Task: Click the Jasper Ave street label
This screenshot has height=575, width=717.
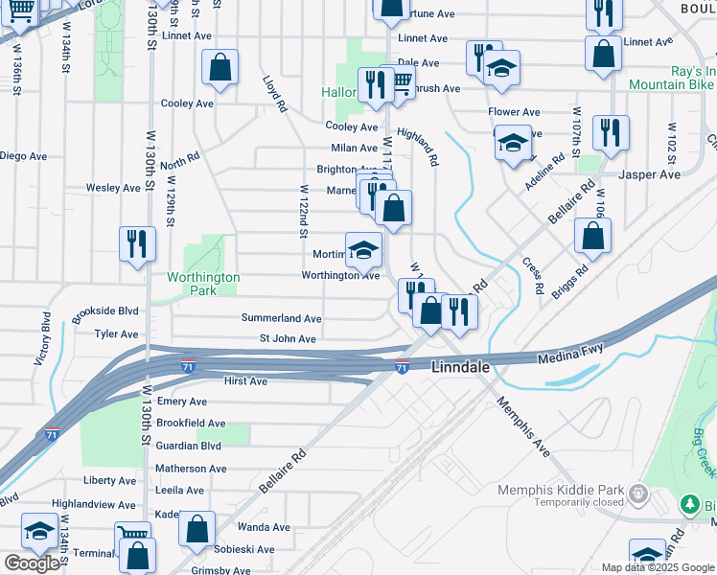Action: pos(649,174)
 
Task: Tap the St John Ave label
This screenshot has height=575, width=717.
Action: pos(288,339)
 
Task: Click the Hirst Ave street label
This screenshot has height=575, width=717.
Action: pos(244,380)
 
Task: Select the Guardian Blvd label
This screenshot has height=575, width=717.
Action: pos(189,446)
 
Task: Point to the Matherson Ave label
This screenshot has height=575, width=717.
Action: pos(195,469)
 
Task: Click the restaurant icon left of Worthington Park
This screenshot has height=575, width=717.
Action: pos(137,243)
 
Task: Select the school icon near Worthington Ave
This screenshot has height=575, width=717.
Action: pos(363,251)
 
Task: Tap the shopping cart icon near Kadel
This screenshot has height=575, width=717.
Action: pos(132,536)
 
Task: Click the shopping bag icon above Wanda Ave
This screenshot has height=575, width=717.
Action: pos(197,529)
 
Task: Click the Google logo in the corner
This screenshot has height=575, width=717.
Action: pos(33,563)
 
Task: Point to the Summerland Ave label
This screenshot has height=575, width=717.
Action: pos(281,317)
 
